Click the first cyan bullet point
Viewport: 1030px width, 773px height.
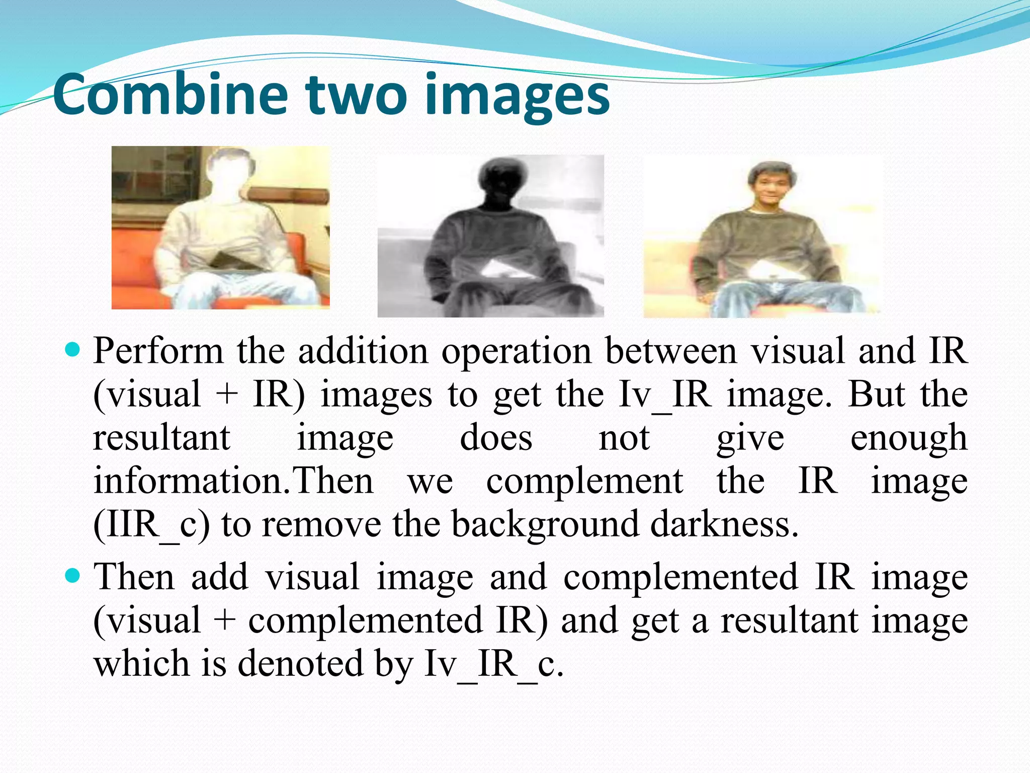(x=73, y=349)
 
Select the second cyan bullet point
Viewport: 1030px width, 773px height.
(x=73, y=575)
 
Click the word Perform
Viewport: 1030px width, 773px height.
(x=158, y=351)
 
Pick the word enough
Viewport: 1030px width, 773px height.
(x=908, y=438)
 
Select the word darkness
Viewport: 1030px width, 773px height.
(x=724, y=524)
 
